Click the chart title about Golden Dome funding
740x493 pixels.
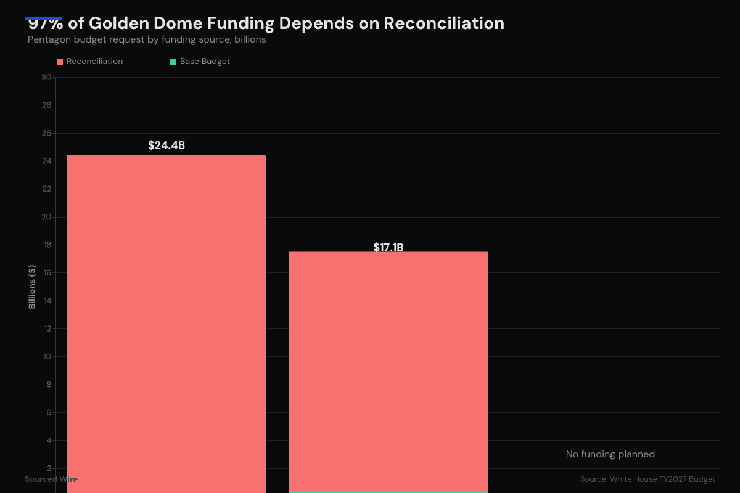pyautogui.click(x=266, y=23)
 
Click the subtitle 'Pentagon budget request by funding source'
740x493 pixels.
pyautogui.click(x=147, y=39)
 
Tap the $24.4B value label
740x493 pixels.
pyautogui.click(x=166, y=145)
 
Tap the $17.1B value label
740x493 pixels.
pyautogui.click(x=388, y=247)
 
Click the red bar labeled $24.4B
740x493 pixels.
pyautogui.click(x=166, y=320)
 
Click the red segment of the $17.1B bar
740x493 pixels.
pyautogui.click(x=388, y=370)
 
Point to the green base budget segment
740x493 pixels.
pyautogui.click(x=388, y=491)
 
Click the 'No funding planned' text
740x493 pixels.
pyautogui.click(x=610, y=454)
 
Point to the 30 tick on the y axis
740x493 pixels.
pyautogui.click(x=46, y=77)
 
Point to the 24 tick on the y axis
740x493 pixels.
pyautogui.click(x=46, y=161)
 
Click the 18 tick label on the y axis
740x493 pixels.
pyautogui.click(x=46, y=245)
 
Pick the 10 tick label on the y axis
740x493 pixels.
pyautogui.click(x=46, y=357)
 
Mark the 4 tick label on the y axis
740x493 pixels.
pyautogui.click(x=48, y=441)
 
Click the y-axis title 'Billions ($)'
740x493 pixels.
pyautogui.click(x=32, y=287)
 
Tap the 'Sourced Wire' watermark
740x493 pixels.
pyautogui.click(x=51, y=479)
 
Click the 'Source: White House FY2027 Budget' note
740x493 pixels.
pyautogui.click(x=647, y=479)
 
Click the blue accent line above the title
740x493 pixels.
pyautogui.click(x=43, y=18)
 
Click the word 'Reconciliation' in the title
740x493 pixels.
pyautogui.click(x=444, y=23)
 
